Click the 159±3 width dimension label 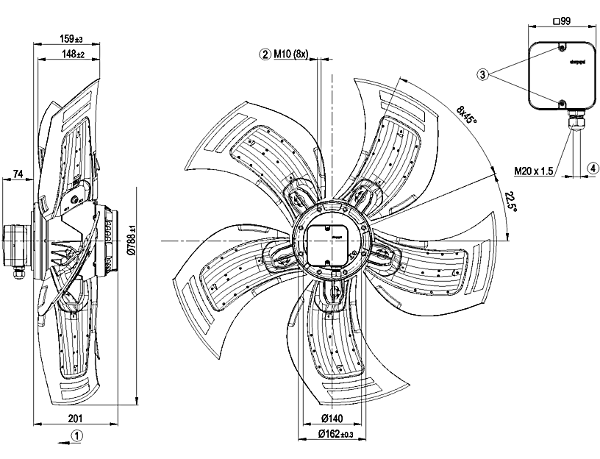point(71,38)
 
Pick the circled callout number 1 point(76,435)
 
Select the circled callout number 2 point(264,54)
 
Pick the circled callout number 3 point(482,74)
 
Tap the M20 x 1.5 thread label point(532,171)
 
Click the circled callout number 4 point(591,168)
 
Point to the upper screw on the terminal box point(561,49)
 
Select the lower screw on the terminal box point(561,102)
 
